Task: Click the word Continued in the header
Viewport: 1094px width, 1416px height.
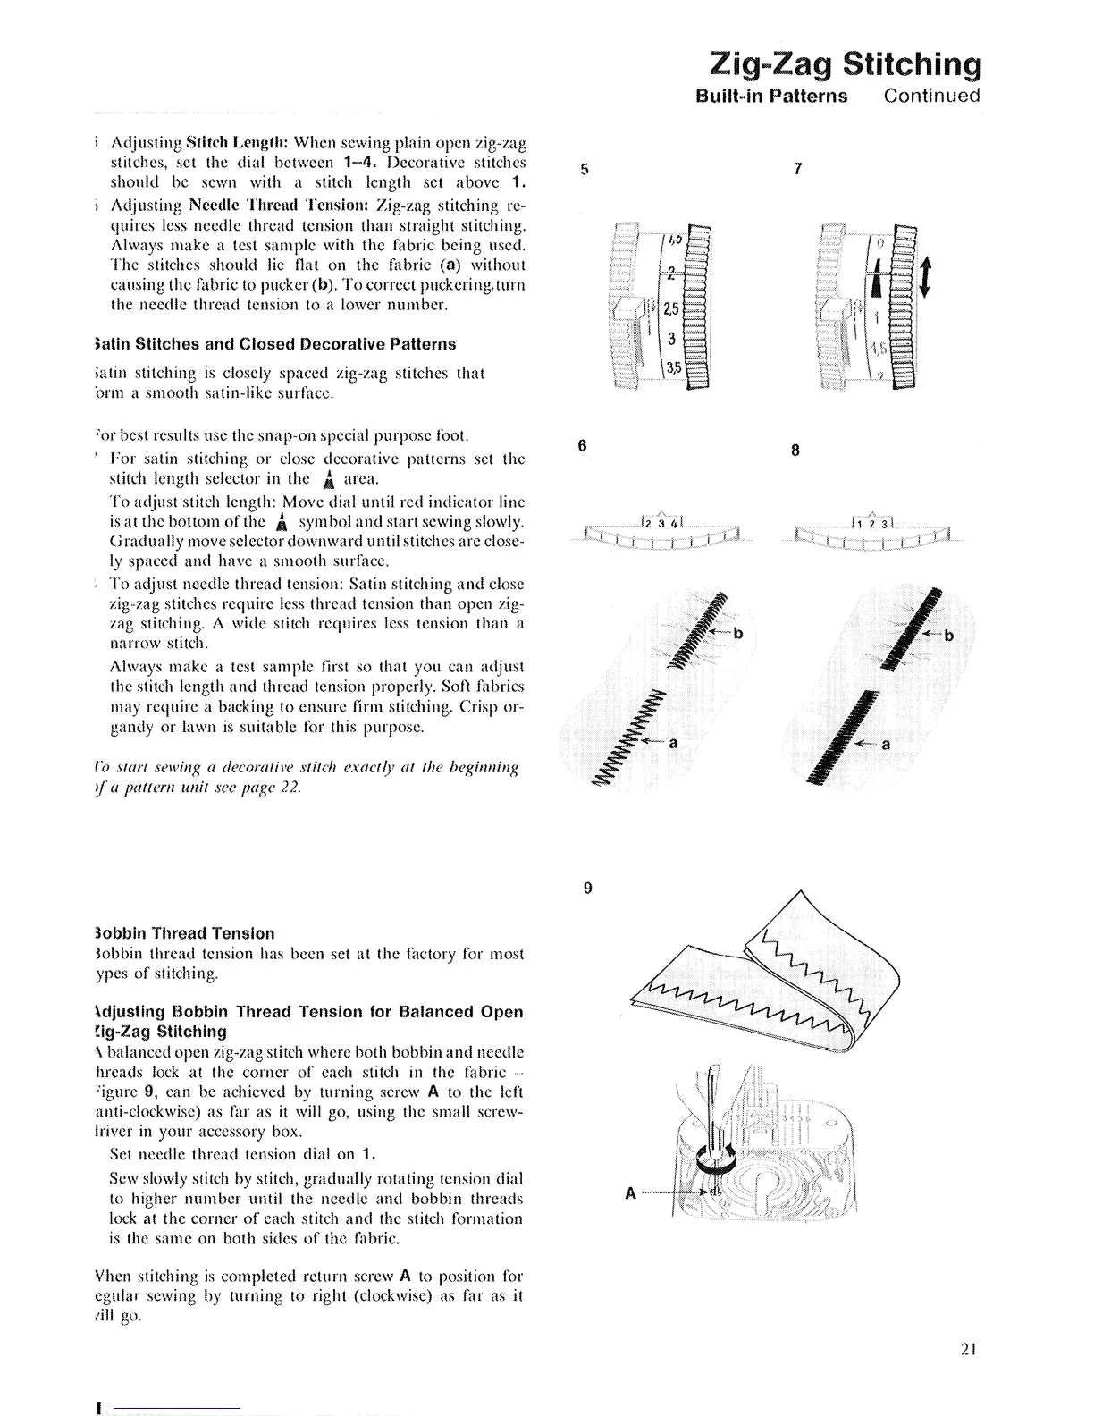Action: coord(931,96)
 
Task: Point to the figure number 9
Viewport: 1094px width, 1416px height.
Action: coord(587,888)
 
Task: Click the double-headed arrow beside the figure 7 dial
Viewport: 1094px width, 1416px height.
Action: coord(925,278)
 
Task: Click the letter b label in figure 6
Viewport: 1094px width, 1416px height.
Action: coord(738,635)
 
